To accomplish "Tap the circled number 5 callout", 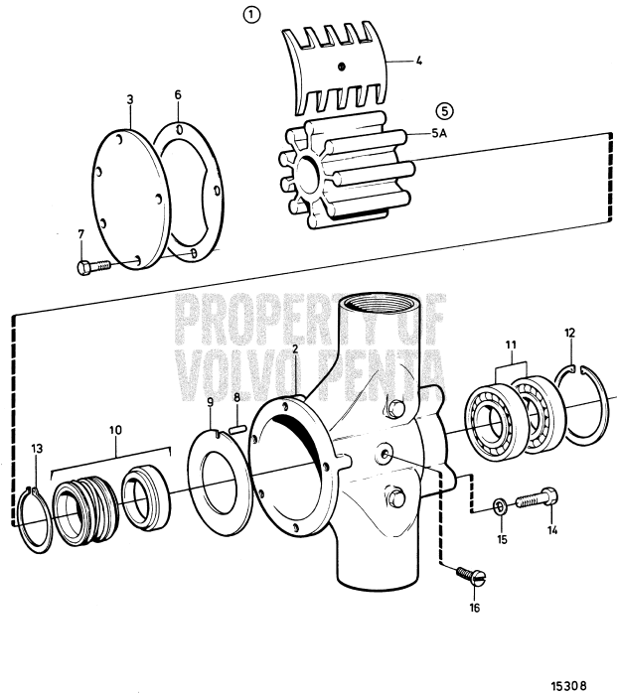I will pos(443,111).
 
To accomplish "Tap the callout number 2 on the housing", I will pos(296,350).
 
